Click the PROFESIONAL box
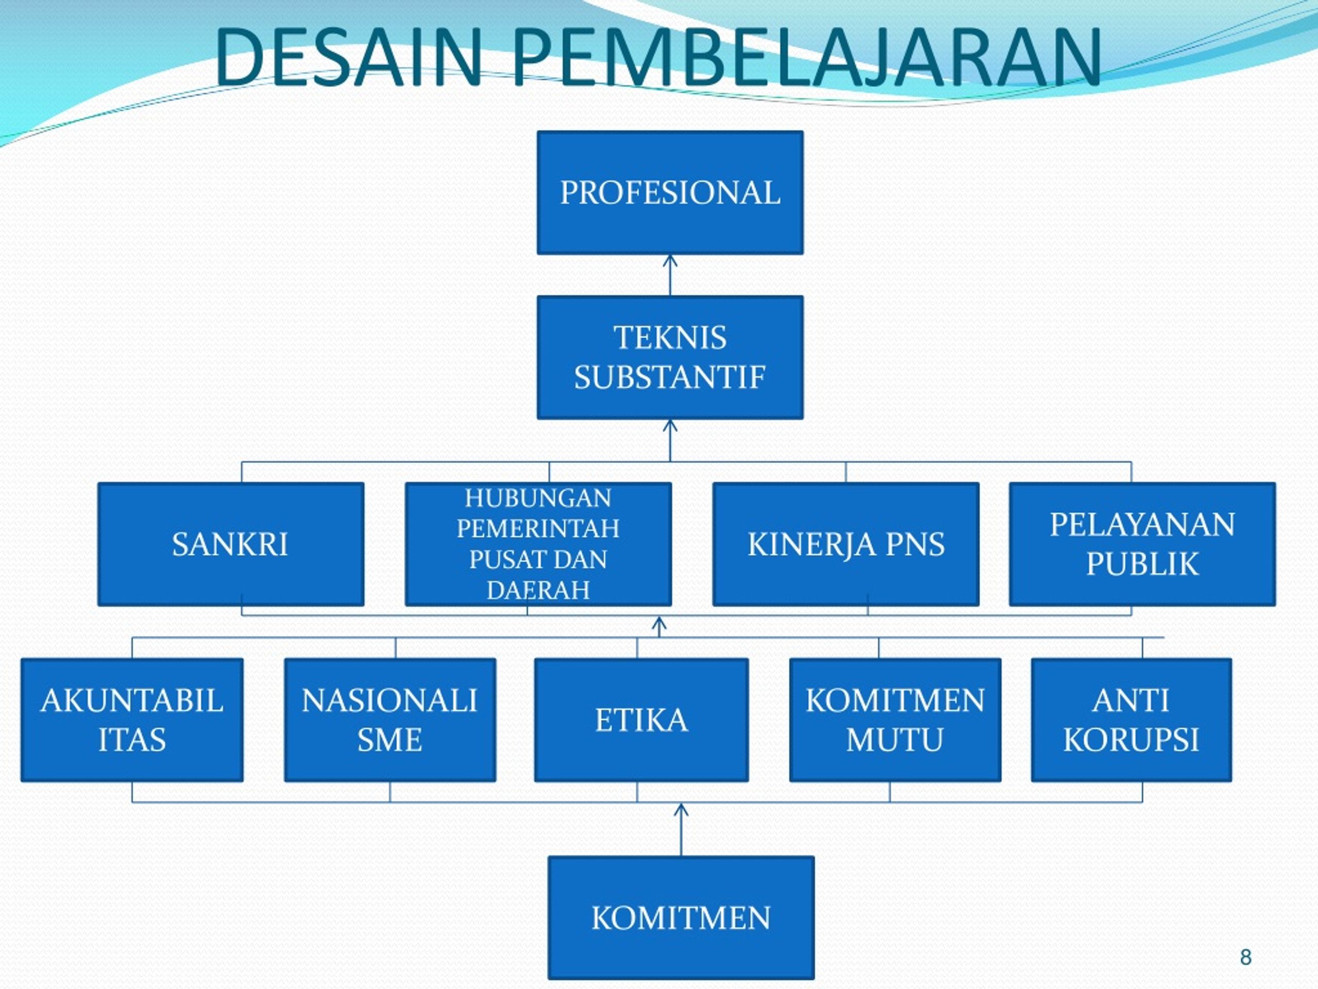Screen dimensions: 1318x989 click(x=670, y=193)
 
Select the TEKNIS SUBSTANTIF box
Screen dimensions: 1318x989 click(x=670, y=357)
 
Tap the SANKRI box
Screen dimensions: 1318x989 click(x=231, y=544)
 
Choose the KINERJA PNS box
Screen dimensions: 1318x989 click(x=845, y=544)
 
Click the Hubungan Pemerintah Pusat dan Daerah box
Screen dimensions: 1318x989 click(x=538, y=544)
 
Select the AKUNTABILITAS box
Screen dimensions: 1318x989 click(x=132, y=720)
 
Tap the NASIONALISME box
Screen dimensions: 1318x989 click(x=390, y=720)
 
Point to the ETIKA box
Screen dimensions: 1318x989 click(x=641, y=720)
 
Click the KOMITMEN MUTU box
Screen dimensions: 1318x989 click(x=895, y=720)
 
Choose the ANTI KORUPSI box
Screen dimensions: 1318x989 click(x=1131, y=720)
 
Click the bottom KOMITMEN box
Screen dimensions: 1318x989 click(x=681, y=917)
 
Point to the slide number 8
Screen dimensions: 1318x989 click(x=1245, y=958)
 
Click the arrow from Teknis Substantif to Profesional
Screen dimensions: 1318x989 click(x=670, y=276)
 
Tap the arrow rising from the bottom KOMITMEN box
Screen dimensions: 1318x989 click(x=681, y=829)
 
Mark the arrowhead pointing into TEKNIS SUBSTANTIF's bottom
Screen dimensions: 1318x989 click(x=670, y=425)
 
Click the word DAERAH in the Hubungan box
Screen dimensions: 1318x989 click(x=538, y=590)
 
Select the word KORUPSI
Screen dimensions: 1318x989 click(x=1131, y=740)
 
